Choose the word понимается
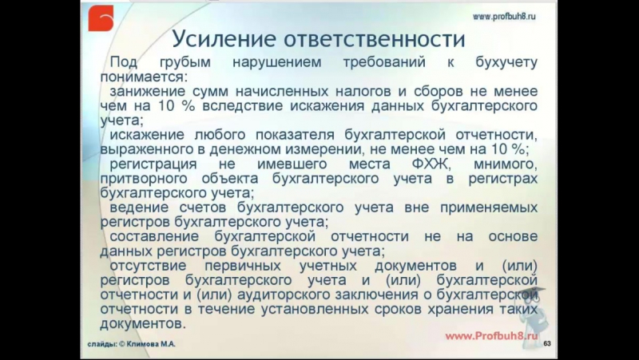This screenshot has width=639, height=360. pyautogui.click(x=143, y=77)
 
